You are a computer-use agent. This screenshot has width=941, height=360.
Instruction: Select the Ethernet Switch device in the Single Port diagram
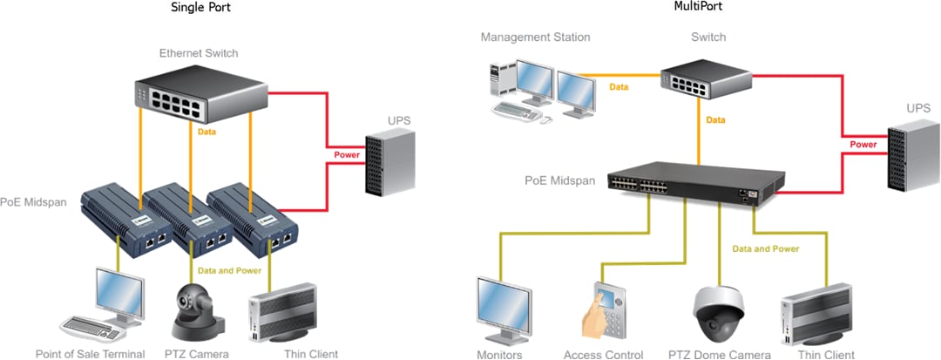point(200,96)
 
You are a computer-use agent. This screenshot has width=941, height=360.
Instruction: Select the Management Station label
point(535,37)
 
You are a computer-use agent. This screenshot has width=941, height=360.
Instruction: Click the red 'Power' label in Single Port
point(347,156)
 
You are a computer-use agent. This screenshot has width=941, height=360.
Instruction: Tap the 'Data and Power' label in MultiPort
point(765,249)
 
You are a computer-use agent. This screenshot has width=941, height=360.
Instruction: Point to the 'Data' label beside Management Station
point(619,87)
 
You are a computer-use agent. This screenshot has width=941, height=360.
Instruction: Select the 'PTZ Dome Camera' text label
point(720,354)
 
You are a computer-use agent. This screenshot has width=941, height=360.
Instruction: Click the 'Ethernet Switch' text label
point(198,53)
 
